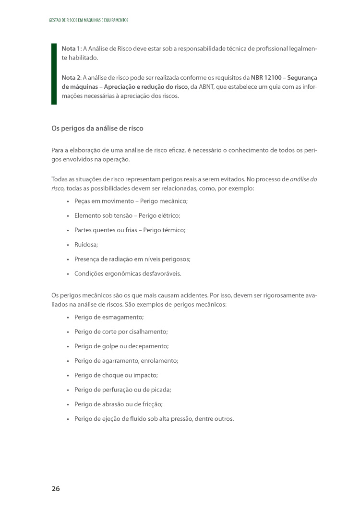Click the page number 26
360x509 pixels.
56,489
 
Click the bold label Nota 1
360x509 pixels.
71,49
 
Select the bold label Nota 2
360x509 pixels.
71,77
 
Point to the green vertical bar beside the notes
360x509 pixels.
54,74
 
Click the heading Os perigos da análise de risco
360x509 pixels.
97,129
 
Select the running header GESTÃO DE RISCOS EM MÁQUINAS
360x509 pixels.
89,20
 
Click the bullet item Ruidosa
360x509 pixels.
86,245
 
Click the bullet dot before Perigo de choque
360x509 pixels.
68,375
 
